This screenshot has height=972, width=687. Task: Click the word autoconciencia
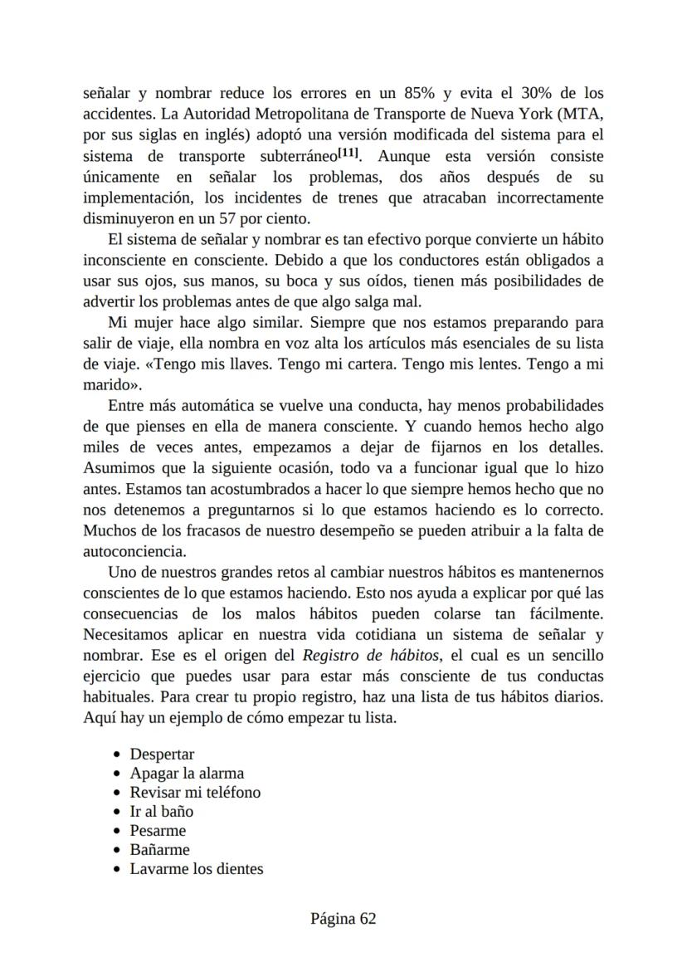click(x=134, y=551)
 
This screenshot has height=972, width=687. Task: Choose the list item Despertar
click(x=162, y=755)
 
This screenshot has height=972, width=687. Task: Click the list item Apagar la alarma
click(x=187, y=774)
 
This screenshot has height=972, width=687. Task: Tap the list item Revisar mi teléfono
click(x=195, y=793)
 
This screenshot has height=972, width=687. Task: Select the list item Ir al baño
click(x=161, y=812)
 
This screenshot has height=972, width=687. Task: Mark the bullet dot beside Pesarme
click(x=117, y=831)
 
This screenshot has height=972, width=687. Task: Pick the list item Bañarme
click(x=159, y=850)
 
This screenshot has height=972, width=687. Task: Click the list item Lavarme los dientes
click(x=196, y=869)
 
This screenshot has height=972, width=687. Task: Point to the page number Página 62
click(x=343, y=919)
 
